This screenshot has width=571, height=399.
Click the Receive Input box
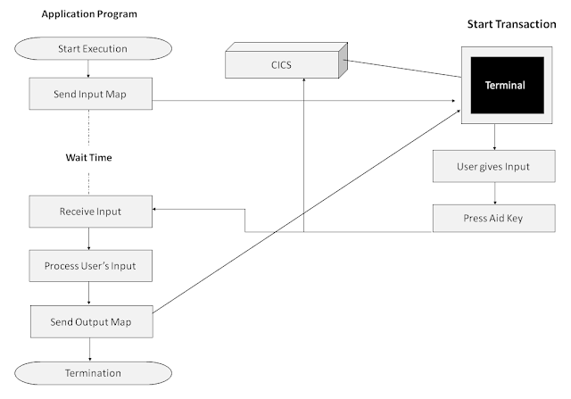coord(90,212)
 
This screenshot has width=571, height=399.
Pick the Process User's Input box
coord(90,265)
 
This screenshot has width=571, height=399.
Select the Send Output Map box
coord(90,319)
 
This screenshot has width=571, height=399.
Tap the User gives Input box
coord(494,165)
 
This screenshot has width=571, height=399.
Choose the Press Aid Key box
coord(494,218)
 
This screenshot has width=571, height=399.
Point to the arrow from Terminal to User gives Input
coord(494,137)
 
